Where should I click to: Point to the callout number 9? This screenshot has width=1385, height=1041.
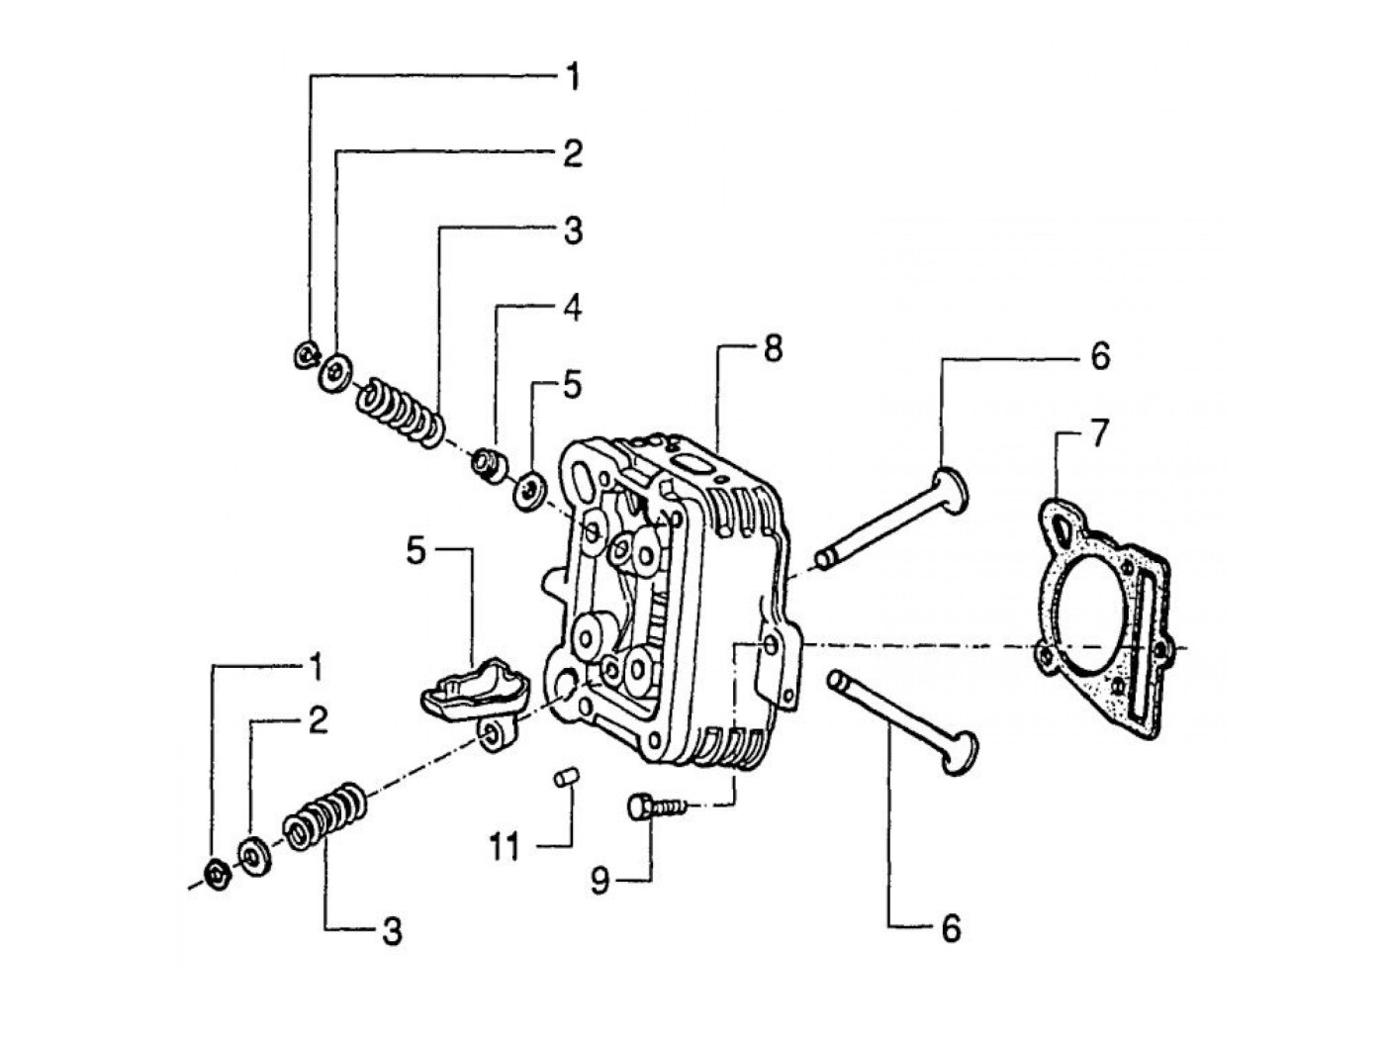[x=600, y=882]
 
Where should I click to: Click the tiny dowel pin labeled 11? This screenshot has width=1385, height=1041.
[x=565, y=777]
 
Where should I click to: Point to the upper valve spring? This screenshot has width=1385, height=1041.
[x=400, y=413]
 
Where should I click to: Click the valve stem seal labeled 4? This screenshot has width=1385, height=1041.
[x=489, y=467]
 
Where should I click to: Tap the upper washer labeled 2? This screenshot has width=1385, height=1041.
[x=335, y=373]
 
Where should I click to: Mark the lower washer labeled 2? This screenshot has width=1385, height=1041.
[x=255, y=856]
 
